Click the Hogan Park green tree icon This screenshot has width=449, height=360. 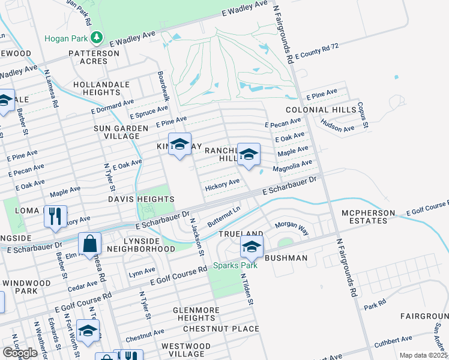point(97,38)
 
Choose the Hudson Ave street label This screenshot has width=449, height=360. point(337,128)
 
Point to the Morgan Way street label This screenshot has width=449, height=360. point(291,228)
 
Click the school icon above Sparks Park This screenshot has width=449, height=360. point(252,245)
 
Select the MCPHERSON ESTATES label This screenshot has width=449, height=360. point(364,217)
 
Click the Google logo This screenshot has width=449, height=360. point(20,353)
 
